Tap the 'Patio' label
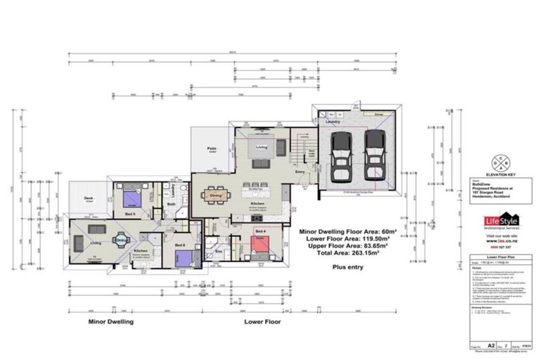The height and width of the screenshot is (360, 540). [210, 149]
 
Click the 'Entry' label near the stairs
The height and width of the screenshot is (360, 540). [300, 171]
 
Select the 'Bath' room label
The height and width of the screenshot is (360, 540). [171, 205]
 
